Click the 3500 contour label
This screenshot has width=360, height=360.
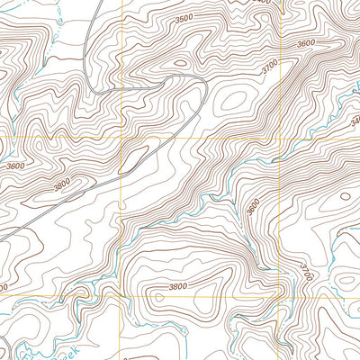(x=184, y=18)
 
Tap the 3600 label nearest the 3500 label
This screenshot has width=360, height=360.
(x=306, y=43)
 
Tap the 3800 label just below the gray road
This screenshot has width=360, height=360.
(x=62, y=186)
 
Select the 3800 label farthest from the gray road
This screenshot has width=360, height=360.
(x=179, y=287)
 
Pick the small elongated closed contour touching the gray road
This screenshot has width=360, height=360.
(x=131, y=159)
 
